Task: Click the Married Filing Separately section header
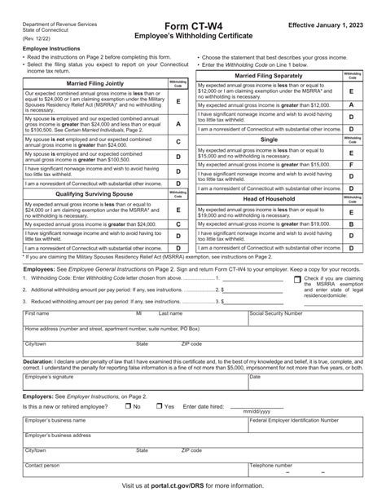268,75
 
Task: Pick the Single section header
268,139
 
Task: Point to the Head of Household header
268,197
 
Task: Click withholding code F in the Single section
351,165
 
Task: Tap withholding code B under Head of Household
351,223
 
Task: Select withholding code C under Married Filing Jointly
178,142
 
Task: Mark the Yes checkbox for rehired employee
158,405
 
